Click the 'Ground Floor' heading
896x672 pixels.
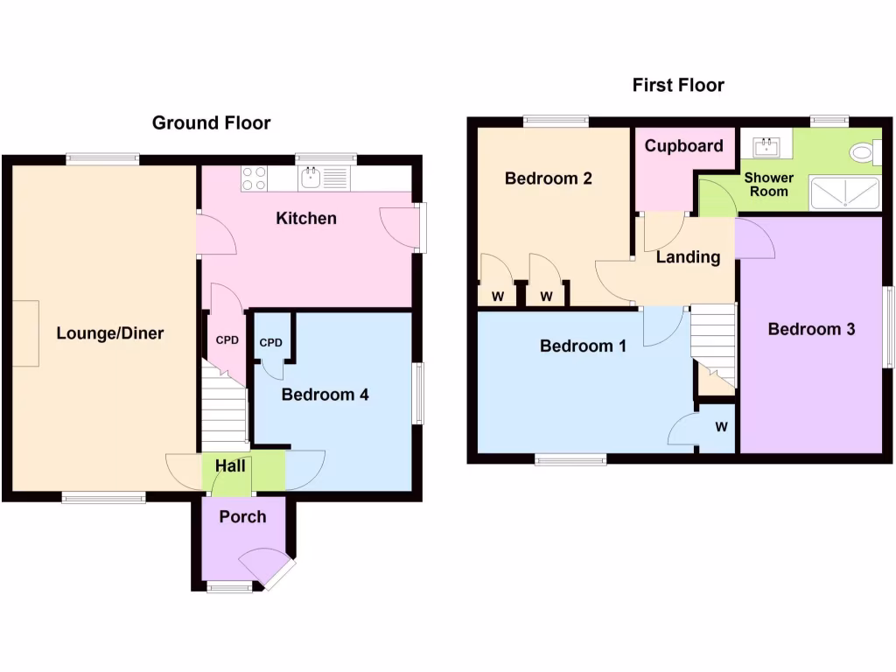click(211, 122)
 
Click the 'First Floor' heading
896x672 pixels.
click(678, 85)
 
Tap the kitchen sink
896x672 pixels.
click(311, 178)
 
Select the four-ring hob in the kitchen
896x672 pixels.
click(254, 178)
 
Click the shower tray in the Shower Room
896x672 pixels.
click(844, 193)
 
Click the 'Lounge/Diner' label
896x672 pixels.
click(110, 333)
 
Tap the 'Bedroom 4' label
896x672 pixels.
click(325, 395)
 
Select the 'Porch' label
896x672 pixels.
click(242, 517)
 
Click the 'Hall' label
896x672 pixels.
click(230, 466)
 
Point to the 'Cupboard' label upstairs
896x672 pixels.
click(683, 146)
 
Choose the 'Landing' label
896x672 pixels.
click(688, 257)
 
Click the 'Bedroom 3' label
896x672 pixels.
click(811, 329)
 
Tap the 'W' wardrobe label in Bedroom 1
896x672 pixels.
click(721, 427)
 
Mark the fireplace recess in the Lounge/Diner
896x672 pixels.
click(25, 333)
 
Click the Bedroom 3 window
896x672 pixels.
click(888, 327)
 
